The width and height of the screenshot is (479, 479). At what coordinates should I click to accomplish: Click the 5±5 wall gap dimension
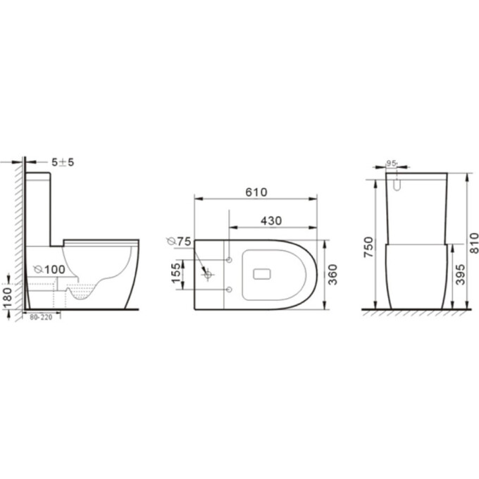(62, 163)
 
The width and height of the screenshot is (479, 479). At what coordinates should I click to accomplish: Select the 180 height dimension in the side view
(7, 295)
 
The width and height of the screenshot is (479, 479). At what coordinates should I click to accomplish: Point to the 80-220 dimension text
(42, 318)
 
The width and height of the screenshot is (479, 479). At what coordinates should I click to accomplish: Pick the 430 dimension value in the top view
(271, 221)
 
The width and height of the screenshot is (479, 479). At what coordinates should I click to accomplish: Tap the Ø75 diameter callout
(180, 242)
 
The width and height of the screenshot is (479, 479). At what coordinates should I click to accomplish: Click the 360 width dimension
(334, 275)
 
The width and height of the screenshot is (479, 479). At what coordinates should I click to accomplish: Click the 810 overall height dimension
(474, 242)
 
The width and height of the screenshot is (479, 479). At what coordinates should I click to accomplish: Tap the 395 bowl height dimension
(459, 277)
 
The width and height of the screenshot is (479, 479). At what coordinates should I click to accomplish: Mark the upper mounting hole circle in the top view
(229, 260)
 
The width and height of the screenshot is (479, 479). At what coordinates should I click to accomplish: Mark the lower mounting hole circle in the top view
(229, 289)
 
